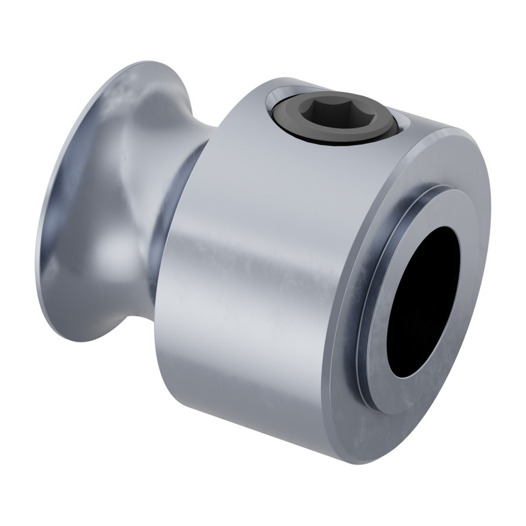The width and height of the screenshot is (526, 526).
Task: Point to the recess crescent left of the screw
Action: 269,106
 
